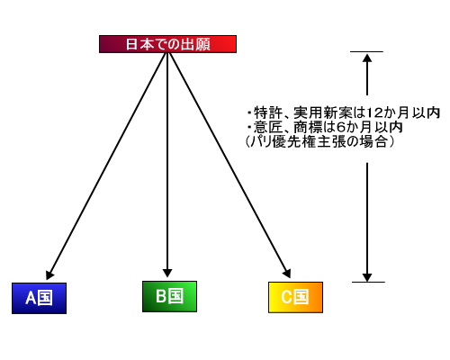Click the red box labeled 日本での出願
click(167, 44)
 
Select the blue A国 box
click(39, 298)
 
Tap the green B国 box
click(169, 296)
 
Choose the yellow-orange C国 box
click(295, 297)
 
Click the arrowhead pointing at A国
click(49, 274)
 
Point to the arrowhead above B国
click(167, 273)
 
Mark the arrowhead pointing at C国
click(287, 273)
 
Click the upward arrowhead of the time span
click(367, 58)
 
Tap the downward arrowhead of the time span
click(367, 277)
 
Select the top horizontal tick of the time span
click(366, 52)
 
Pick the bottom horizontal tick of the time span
click(368, 282)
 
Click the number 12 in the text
click(374, 112)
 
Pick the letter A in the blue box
click(31, 298)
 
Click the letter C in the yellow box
click(286, 297)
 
